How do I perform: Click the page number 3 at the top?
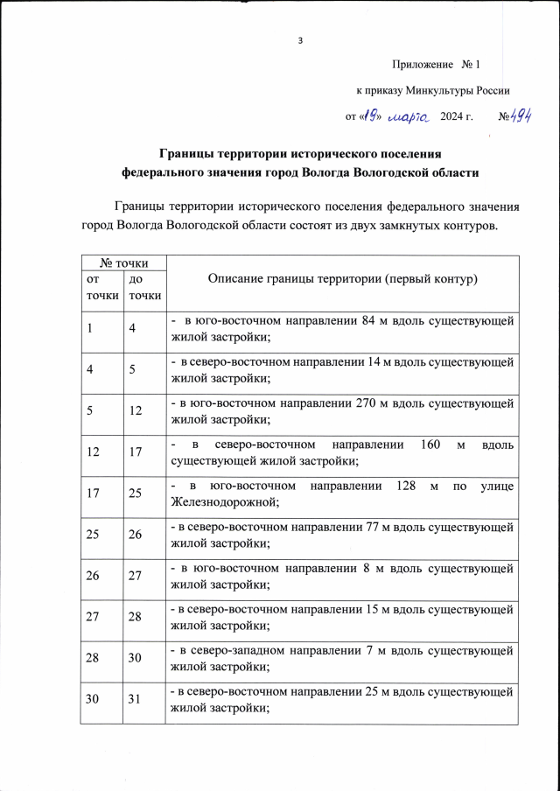coord(300,40)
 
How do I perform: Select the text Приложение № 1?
coord(437,65)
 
